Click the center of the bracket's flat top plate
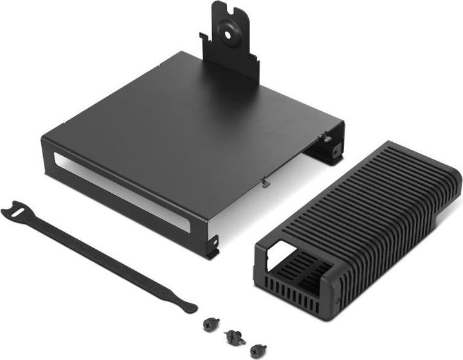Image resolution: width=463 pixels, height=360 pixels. pyautogui.click(x=193, y=122)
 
